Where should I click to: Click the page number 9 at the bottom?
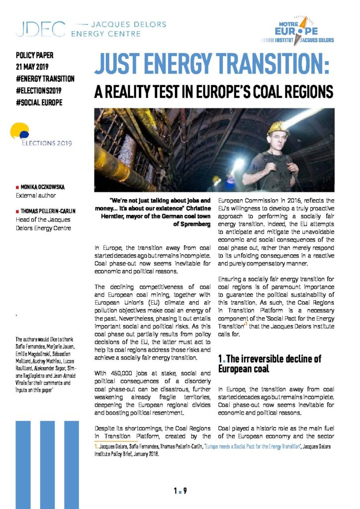[184, 491]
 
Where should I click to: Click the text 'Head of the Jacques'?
[42, 220]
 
